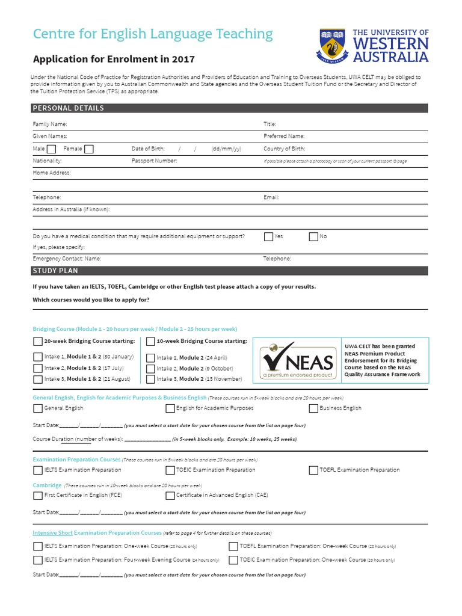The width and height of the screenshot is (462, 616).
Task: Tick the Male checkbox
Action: [52, 149]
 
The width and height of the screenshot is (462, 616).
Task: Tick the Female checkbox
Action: [89, 149]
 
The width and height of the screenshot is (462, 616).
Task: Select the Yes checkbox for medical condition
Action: [268, 236]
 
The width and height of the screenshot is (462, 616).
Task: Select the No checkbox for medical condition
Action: [313, 236]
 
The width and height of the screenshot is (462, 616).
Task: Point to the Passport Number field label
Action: [155, 161]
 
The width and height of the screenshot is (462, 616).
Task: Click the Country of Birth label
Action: [284, 149]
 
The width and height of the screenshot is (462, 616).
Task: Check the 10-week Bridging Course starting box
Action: [151, 342]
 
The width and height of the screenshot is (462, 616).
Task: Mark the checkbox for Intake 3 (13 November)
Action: [151, 379]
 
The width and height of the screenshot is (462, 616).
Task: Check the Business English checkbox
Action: [313, 408]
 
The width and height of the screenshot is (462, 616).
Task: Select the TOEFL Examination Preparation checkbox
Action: [313, 470]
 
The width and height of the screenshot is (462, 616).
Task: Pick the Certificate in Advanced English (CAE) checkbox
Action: [170, 496]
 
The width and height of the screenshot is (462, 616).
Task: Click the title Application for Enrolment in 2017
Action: [114, 60]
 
